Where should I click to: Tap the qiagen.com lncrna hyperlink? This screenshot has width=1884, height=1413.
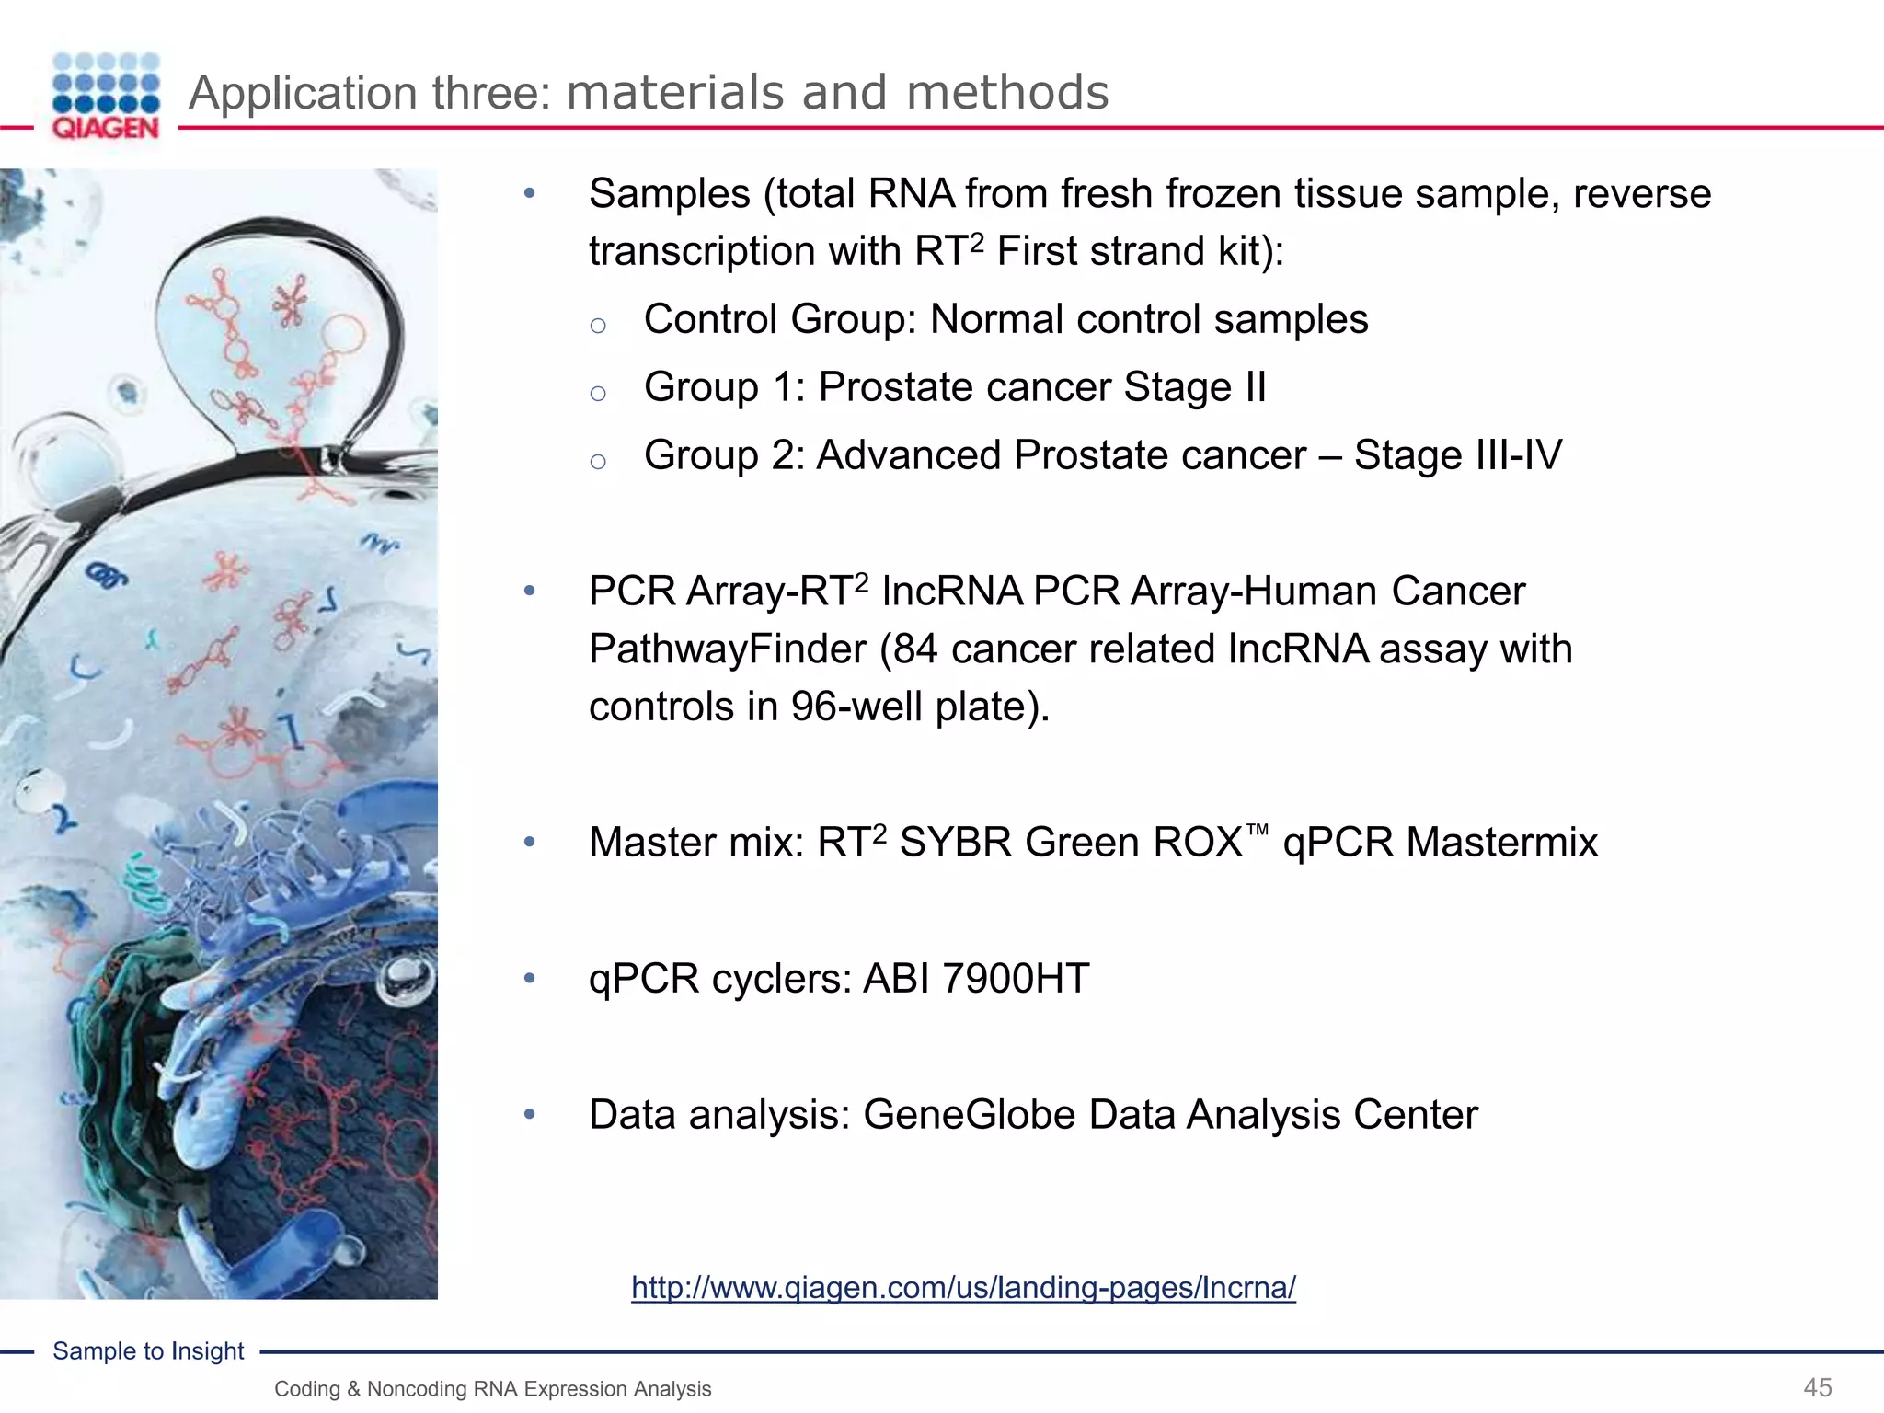pos(963,1287)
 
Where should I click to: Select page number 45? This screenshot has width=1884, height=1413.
pos(1818,1387)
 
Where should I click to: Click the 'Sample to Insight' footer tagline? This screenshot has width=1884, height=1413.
pos(148,1350)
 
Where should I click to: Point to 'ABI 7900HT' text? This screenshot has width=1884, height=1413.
pos(975,978)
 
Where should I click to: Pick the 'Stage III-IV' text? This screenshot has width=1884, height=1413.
pos(1457,454)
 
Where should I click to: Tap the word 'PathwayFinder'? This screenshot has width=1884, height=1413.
pos(727,649)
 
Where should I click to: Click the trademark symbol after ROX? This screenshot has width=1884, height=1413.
pos(1257,830)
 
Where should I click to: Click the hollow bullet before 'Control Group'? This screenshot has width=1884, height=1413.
pos(598,325)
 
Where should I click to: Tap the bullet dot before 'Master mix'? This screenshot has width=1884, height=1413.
pos(529,842)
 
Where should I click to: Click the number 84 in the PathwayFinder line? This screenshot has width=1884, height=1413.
pos(915,649)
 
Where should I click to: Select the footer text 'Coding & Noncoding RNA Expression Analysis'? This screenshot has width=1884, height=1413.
pos(492,1389)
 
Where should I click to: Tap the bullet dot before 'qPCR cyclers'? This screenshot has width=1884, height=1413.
pos(529,978)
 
